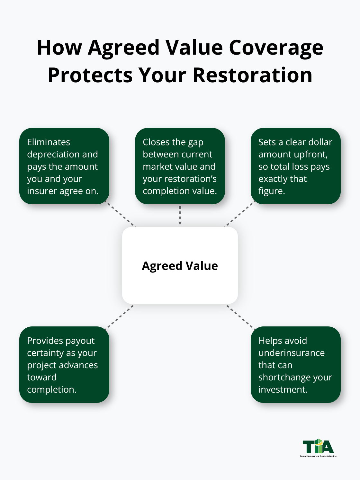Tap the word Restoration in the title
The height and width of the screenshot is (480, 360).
pos(252,76)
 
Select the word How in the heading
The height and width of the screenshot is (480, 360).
pos(59,48)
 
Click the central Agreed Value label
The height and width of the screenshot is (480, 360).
pos(180,266)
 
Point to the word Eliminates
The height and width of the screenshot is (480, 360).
pos(49,142)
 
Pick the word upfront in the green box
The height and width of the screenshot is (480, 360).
pos(310,155)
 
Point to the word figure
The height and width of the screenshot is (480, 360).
pos(271,191)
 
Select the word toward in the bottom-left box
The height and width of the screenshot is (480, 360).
pos(42,378)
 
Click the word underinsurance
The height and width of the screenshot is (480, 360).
pos(292,353)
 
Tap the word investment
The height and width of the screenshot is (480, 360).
pos(282,390)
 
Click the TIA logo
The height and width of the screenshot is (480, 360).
pos(318,448)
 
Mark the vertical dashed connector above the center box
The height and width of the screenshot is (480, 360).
pos(180,215)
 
